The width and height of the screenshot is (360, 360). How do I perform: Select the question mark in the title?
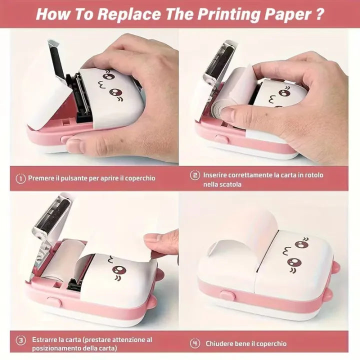pos(318,13)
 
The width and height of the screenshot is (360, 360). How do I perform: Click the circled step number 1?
pos(20,178)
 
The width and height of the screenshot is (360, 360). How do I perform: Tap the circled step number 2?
pos(195,175)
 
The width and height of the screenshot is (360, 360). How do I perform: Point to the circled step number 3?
pos(20,340)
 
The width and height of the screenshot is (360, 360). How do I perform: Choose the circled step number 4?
pos(195,343)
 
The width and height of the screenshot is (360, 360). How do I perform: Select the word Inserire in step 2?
pos(217,175)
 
